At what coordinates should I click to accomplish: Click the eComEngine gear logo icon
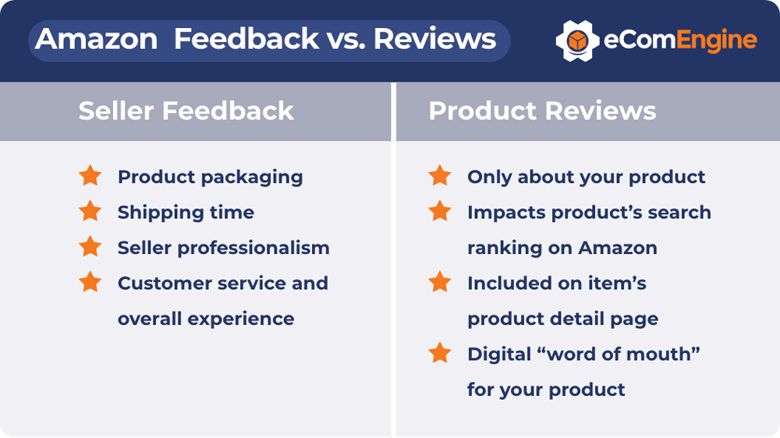tap(577, 41)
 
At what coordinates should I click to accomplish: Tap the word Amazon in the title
tap(96, 39)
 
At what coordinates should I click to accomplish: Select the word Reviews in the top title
tap(434, 39)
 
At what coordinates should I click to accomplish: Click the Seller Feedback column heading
tap(186, 111)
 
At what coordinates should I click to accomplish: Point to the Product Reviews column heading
tap(542, 111)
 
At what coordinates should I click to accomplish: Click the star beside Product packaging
tap(90, 175)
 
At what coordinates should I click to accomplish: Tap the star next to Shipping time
tap(90, 210)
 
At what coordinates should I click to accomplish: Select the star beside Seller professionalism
tap(90, 246)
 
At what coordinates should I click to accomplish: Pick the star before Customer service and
tap(90, 281)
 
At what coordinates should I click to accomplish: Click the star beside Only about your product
tap(440, 175)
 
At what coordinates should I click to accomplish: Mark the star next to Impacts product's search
tap(440, 210)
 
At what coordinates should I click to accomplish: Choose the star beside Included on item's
tap(440, 281)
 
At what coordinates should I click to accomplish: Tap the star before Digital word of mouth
tap(440, 352)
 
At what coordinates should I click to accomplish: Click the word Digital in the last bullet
tap(500, 355)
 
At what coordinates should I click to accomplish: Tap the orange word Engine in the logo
tap(717, 41)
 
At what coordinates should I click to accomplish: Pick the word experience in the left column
tap(241, 320)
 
